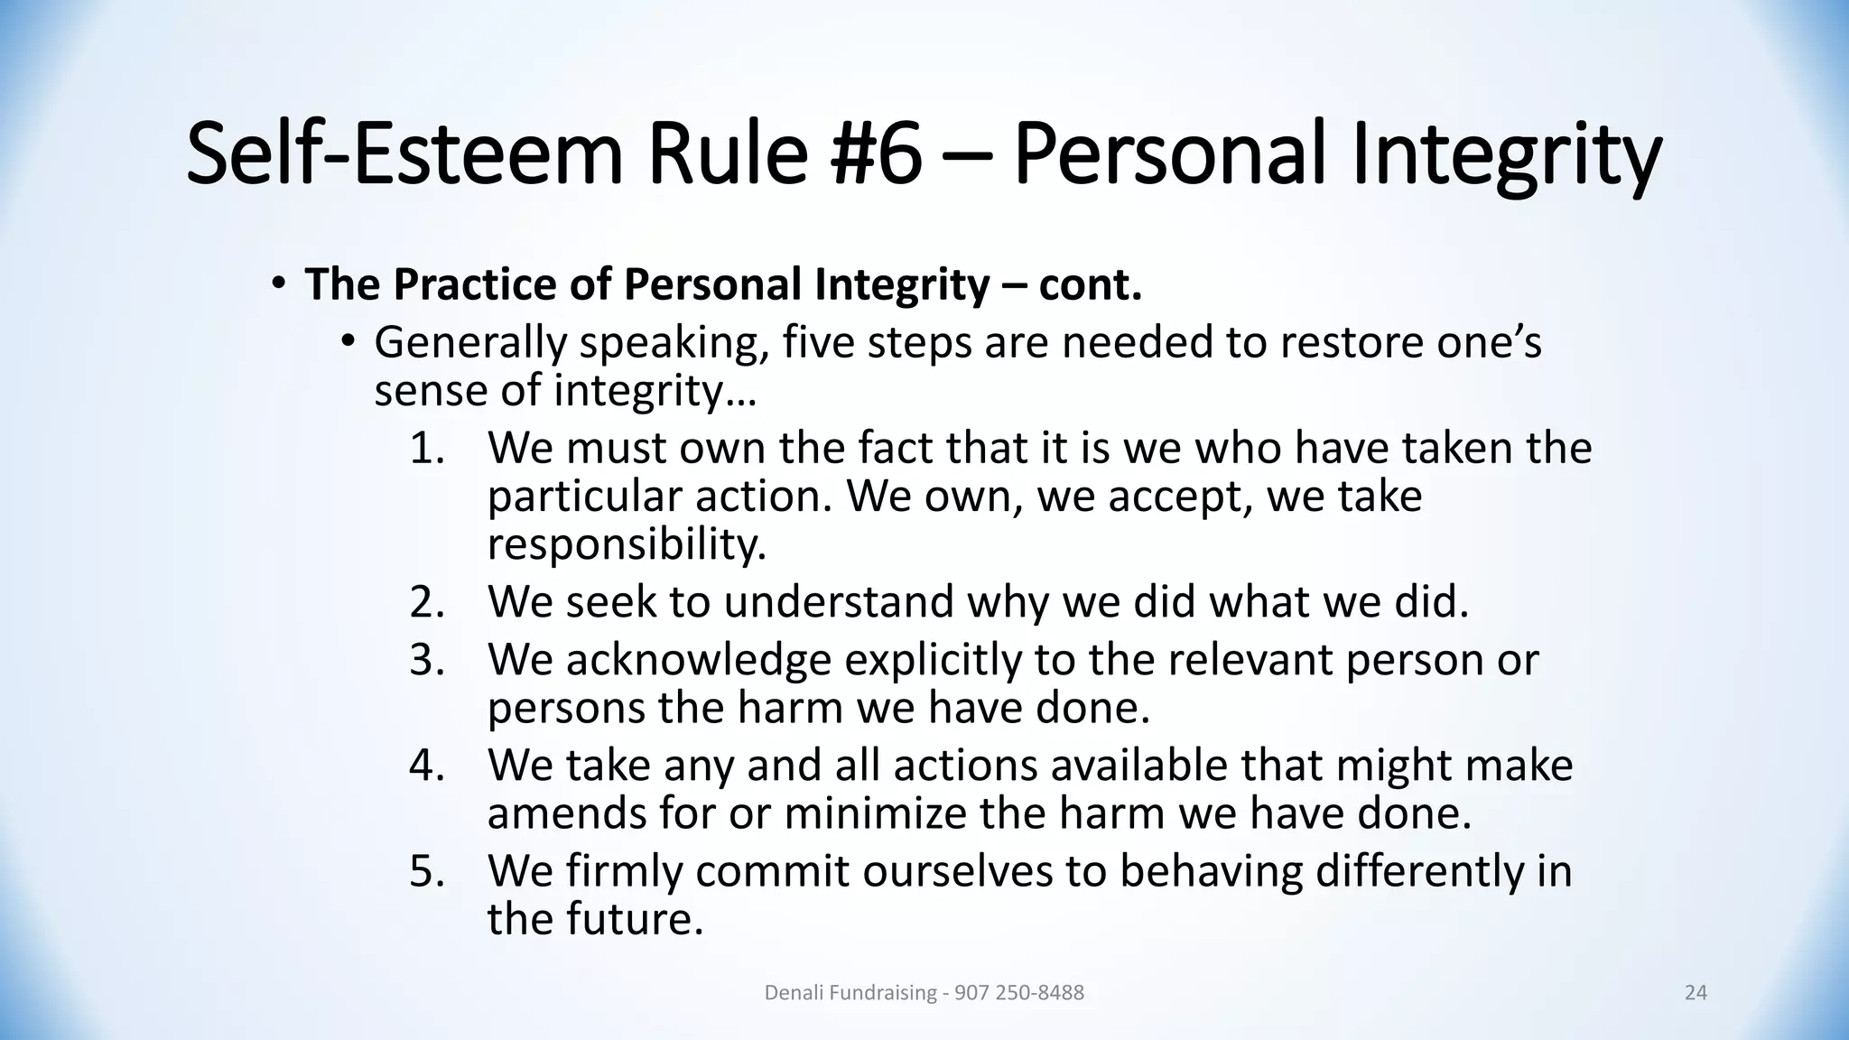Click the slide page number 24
pyautogui.click(x=1696, y=993)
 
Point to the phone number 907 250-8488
pyautogui.click(x=1018, y=993)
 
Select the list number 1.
pyautogui.click(x=427, y=449)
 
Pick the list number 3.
pyautogui.click(x=427, y=660)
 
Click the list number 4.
pyautogui.click(x=427, y=766)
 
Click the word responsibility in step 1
pyautogui.click(x=627, y=544)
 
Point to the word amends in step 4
pyautogui.click(x=566, y=813)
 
